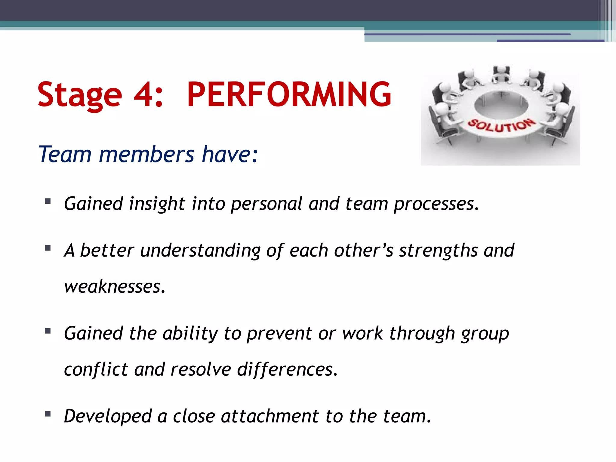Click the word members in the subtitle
pyautogui.click(x=147, y=154)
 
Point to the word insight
pyautogui.click(x=157, y=204)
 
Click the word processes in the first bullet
pyautogui.click(x=436, y=204)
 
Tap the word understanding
pyautogui.click(x=200, y=251)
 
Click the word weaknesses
pyautogui.click(x=115, y=286)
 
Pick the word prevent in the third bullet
pyautogui.click(x=279, y=334)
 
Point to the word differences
pyautogui.click(x=287, y=369)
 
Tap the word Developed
pyautogui.click(x=108, y=416)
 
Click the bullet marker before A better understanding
pyautogui.click(x=48, y=248)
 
